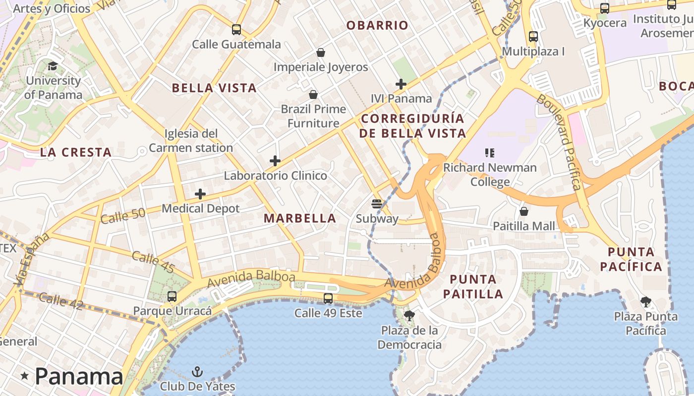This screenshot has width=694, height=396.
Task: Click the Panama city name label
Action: (x=78, y=376)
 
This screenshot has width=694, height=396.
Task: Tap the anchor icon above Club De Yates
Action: (x=197, y=371)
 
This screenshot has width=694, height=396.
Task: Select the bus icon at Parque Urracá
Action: (x=172, y=297)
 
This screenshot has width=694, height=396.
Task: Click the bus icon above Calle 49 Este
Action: (x=328, y=298)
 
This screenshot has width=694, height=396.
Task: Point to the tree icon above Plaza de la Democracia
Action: (x=409, y=315)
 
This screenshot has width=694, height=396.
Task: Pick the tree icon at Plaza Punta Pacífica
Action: (x=645, y=301)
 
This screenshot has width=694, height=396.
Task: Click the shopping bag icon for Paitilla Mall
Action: (x=524, y=211)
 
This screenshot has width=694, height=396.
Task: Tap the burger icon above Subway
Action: (x=377, y=203)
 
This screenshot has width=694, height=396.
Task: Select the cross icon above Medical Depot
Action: (x=200, y=194)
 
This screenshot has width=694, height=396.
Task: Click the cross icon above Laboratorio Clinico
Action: (x=275, y=161)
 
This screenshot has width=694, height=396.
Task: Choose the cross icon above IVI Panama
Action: (x=401, y=84)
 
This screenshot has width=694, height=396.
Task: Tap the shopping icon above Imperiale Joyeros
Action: (x=321, y=52)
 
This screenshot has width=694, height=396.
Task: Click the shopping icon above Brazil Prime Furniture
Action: (x=313, y=94)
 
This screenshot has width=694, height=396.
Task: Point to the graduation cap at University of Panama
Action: (x=53, y=66)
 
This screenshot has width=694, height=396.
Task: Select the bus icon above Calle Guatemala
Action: (x=236, y=30)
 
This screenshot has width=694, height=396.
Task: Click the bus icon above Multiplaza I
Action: (x=533, y=37)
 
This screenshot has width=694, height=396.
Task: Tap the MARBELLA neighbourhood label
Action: (x=300, y=218)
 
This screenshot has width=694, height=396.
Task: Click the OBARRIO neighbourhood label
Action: (x=377, y=25)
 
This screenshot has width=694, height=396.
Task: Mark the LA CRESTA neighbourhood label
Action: (x=76, y=152)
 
